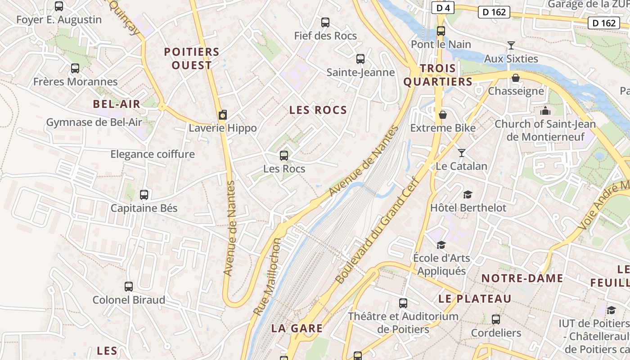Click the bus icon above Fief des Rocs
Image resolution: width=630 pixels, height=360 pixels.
coord(325,22)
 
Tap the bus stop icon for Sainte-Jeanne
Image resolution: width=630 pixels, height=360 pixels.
coord(360,58)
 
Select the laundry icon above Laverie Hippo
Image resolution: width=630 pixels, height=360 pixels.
coord(222,115)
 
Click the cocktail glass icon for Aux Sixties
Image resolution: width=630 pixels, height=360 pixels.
coord(511,45)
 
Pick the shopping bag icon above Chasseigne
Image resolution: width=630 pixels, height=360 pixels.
coord(516,78)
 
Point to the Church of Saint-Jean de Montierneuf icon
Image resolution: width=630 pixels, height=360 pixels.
coord(545,111)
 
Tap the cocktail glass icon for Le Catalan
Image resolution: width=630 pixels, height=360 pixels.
coord(461,153)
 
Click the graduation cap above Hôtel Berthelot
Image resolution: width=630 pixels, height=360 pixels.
coord(468,194)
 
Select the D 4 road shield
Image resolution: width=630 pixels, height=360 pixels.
coord(443,8)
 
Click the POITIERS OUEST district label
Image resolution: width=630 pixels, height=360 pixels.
coord(192,58)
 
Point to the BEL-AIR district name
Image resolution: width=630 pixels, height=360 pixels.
coord(117,104)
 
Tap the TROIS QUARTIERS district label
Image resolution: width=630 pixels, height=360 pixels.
coord(438,75)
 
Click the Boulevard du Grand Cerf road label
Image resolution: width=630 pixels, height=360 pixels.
coord(377,230)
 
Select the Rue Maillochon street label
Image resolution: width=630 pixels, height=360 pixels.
coord(267,277)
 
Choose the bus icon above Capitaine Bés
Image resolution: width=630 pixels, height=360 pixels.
coord(144,195)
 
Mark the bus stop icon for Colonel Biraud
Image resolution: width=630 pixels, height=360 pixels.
coord(129,286)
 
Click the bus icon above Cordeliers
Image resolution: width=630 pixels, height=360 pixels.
coord(495,319)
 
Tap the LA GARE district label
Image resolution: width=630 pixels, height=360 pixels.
coord(297,328)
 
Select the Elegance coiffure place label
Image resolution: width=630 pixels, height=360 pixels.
coord(153,154)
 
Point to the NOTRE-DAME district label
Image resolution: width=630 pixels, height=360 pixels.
coord(522,278)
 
